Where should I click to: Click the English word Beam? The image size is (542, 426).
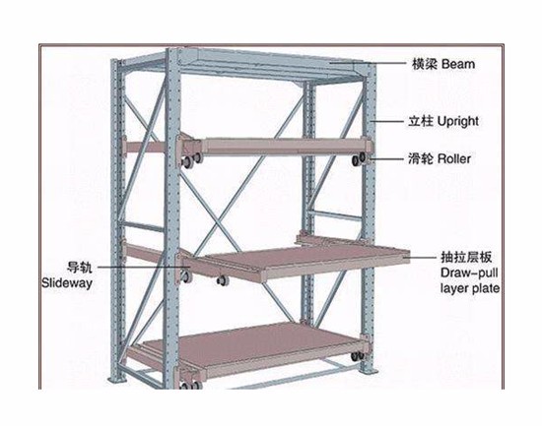pyautogui.click(x=458, y=64)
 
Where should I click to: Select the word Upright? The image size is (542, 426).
pyautogui.click(x=457, y=122)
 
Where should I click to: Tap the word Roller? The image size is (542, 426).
pyautogui.click(x=454, y=159)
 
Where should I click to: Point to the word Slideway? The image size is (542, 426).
pyautogui.click(x=67, y=283)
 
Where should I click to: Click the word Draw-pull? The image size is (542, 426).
pyautogui.click(x=469, y=273)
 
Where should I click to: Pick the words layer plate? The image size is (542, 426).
pyautogui.click(x=470, y=288)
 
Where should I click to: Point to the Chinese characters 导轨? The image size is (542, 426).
pyautogui.click(x=80, y=267)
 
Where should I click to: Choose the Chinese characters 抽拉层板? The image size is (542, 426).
pyautogui.click(x=466, y=257)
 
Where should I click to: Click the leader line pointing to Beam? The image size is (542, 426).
pyautogui.click(x=368, y=63)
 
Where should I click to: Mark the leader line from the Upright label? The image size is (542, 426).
pyautogui.click(x=387, y=121)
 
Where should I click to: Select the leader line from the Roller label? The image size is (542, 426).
pyautogui.click(x=385, y=159)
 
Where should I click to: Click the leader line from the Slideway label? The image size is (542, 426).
pyautogui.click(x=144, y=267)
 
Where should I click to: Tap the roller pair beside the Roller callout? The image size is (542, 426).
pyautogui.click(x=359, y=159)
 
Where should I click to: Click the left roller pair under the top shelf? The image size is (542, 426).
pyautogui.click(x=191, y=159)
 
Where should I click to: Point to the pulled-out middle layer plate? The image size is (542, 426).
pyautogui.click(x=298, y=262)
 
